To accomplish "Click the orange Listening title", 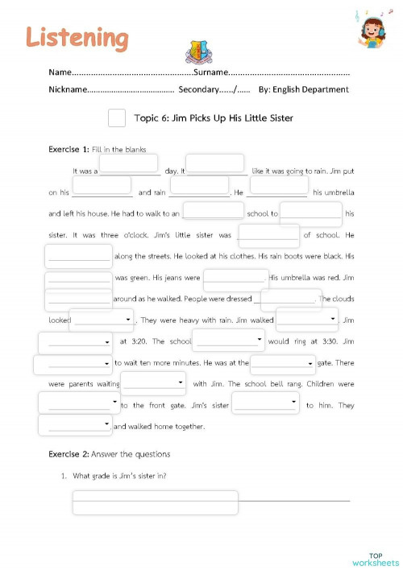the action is coord(77,36).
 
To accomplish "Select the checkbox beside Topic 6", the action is coord(117,118).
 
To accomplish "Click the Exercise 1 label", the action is coord(69,150).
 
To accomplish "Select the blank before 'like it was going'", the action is coord(215,164).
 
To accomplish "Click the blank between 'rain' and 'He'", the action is coord(199,186).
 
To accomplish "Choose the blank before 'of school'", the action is coord(269,234).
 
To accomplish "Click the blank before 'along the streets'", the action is coord(79,256).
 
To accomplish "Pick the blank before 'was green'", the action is coord(79,278).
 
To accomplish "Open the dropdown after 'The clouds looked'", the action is coord(102,320).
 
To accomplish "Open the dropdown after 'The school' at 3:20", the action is coord(228,341).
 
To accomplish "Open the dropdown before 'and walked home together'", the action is coord(75,424).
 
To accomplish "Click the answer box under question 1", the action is coord(156,502).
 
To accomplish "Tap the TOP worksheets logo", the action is coord(375,558).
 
